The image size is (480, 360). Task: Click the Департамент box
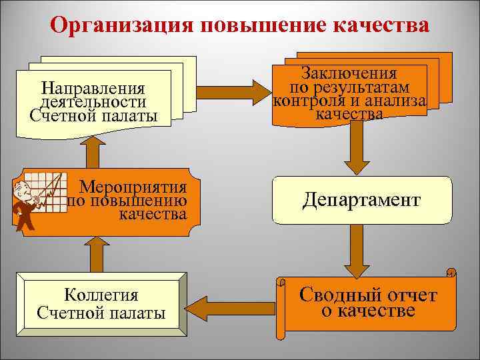pos(361,199)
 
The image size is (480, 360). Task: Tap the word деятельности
pos(93,101)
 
